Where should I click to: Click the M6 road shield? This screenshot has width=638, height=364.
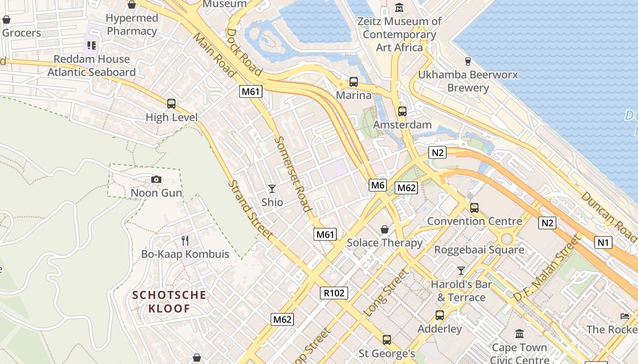tap(378, 185)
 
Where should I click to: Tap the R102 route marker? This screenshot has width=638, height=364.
tap(334, 293)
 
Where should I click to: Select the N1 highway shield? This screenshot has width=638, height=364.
tap(603, 243)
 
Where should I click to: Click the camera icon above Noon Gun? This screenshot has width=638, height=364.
tap(156, 180)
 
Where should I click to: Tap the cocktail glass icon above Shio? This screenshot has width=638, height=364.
tap(272, 188)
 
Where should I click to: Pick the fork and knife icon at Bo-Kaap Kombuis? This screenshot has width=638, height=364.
tap(185, 240)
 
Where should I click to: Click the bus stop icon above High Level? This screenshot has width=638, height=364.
tap(171, 104)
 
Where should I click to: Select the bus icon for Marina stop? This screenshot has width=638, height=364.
tap(353, 82)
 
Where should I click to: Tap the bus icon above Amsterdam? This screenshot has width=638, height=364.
tap(402, 111)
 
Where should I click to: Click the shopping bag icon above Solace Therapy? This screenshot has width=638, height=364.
tap(385, 229)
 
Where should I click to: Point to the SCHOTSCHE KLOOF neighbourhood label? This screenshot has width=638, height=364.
tap(169, 302)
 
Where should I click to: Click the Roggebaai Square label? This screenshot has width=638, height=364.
tap(479, 250)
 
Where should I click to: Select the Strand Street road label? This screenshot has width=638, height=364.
tap(251, 209)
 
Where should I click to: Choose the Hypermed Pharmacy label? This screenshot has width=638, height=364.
tap(132, 25)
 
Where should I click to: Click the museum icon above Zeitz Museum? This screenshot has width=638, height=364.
tap(399, 8)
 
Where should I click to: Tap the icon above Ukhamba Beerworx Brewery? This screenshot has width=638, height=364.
tap(468, 61)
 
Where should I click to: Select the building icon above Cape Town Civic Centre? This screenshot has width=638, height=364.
tap(519, 334)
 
